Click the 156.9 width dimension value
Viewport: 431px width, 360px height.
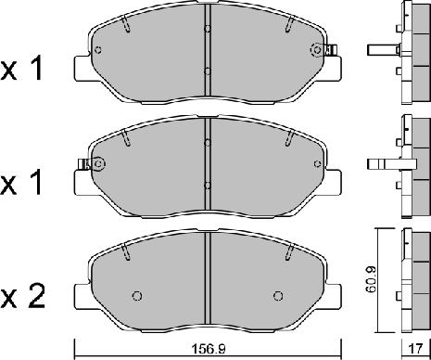click(x=209, y=350)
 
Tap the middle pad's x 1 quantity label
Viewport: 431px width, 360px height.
click(x=21, y=184)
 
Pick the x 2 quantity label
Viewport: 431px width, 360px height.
click(x=22, y=297)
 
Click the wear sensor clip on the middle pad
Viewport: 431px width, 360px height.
click(x=83, y=164)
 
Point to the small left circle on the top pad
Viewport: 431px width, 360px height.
click(x=98, y=50)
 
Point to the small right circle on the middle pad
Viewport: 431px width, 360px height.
click(x=317, y=163)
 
